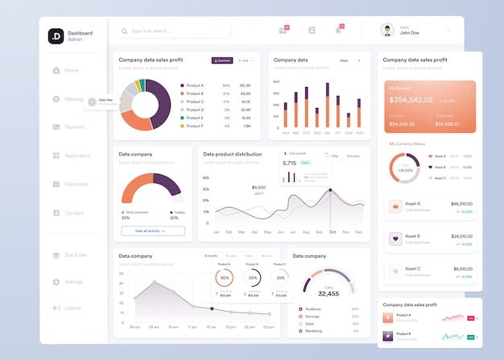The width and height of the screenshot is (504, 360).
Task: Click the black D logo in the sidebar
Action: [56, 36]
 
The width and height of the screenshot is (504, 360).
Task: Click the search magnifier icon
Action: [124, 31]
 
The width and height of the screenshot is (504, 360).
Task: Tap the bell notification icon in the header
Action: [338, 31]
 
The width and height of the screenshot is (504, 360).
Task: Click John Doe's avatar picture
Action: [386, 30]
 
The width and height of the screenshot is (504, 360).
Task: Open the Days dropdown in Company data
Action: [350, 60]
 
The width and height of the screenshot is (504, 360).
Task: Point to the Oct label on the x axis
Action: [333, 232]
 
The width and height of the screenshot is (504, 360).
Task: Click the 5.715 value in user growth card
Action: [290, 163]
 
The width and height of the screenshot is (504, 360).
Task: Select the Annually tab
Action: [353, 156]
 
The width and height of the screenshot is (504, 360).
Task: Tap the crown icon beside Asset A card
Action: [395, 206]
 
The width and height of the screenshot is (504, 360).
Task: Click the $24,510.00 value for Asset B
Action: [461, 237]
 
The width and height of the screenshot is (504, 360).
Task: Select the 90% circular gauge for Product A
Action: [225, 278]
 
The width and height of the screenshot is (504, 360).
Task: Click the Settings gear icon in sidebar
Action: [56, 282]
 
